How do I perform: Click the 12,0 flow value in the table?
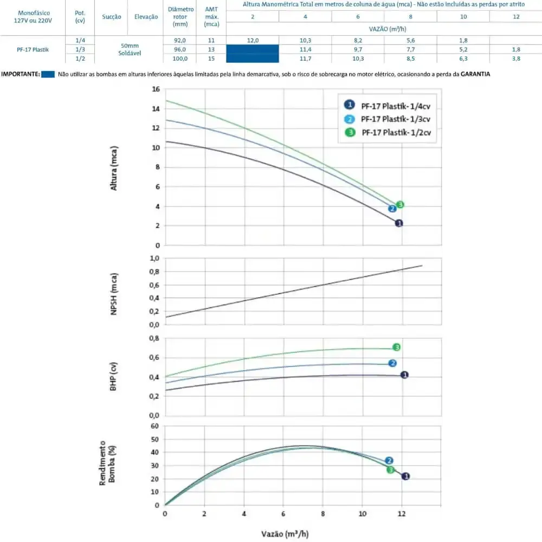[x=253, y=41]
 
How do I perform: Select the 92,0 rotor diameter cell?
[x=180, y=41]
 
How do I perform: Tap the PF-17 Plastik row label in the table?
[x=33, y=49]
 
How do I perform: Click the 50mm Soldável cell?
[x=130, y=49]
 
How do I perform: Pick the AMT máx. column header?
[x=211, y=17]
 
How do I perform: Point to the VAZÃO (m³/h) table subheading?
[x=387, y=29]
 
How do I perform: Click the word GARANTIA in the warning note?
[x=475, y=74]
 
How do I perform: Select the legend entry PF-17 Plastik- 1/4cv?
[x=387, y=106]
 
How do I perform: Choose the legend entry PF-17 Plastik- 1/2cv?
[x=388, y=132]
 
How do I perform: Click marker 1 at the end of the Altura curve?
[x=399, y=223]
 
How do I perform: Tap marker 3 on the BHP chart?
[x=397, y=347]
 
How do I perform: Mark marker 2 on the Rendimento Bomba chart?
[x=389, y=460]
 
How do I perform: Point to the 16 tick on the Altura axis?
[x=156, y=89]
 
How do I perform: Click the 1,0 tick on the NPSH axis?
[x=154, y=258]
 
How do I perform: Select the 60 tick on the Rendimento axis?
[x=154, y=426]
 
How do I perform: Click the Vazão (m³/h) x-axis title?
[x=285, y=534]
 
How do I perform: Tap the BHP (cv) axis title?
[x=113, y=377]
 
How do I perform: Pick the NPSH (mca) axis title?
[x=113, y=294]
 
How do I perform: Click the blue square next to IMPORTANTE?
[x=48, y=74]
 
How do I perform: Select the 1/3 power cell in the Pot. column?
[x=80, y=49]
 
